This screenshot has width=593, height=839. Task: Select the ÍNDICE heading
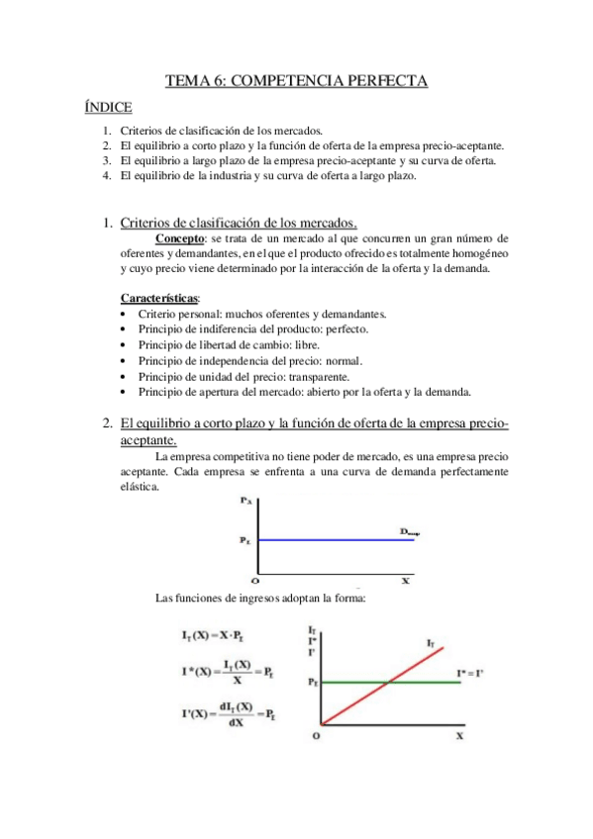[109, 107]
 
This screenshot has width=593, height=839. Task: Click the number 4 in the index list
[106, 175]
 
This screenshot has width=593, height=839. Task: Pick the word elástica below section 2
[138, 486]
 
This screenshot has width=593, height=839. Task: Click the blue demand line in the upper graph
[327, 539]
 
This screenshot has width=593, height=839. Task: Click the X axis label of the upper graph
[405, 581]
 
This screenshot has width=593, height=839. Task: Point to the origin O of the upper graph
[254, 581]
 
